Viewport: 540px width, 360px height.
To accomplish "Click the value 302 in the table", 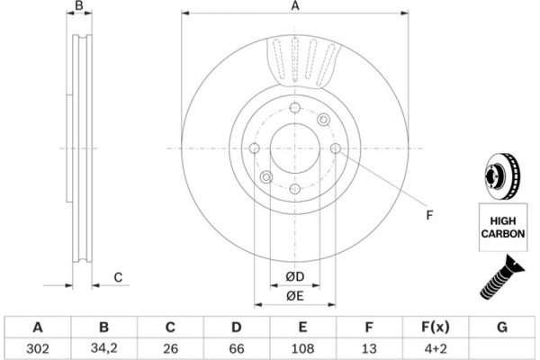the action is [38, 348].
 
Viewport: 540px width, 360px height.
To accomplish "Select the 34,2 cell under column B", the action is [104, 348].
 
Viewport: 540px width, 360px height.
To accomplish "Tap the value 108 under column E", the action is [302, 348].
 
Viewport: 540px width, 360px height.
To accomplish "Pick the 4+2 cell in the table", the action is [436, 348].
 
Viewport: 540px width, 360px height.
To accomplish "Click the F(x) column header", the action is [436, 327].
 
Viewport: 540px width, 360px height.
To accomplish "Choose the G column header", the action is [502, 327].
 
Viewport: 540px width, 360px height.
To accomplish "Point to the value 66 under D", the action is [237, 348].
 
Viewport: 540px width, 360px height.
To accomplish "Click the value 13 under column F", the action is [369, 348].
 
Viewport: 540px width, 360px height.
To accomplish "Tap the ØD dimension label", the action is [295, 276].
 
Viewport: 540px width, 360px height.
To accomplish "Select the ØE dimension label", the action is [295, 296].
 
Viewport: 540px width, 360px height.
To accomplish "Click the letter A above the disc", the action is [295, 6].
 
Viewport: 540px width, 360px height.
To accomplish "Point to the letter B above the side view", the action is [79, 5].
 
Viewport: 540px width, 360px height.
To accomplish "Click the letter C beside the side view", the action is [118, 277].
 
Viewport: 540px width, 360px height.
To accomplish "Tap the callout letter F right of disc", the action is [429, 215].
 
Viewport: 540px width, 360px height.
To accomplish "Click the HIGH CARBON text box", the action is [503, 228].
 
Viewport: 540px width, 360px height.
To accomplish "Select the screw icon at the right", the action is [502, 278].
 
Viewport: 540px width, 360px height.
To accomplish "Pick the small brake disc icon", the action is [503, 175].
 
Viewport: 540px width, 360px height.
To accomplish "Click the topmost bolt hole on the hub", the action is [295, 108].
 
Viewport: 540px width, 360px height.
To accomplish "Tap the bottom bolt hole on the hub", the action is [295, 189].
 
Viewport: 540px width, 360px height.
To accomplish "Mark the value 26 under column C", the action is [170, 348].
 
